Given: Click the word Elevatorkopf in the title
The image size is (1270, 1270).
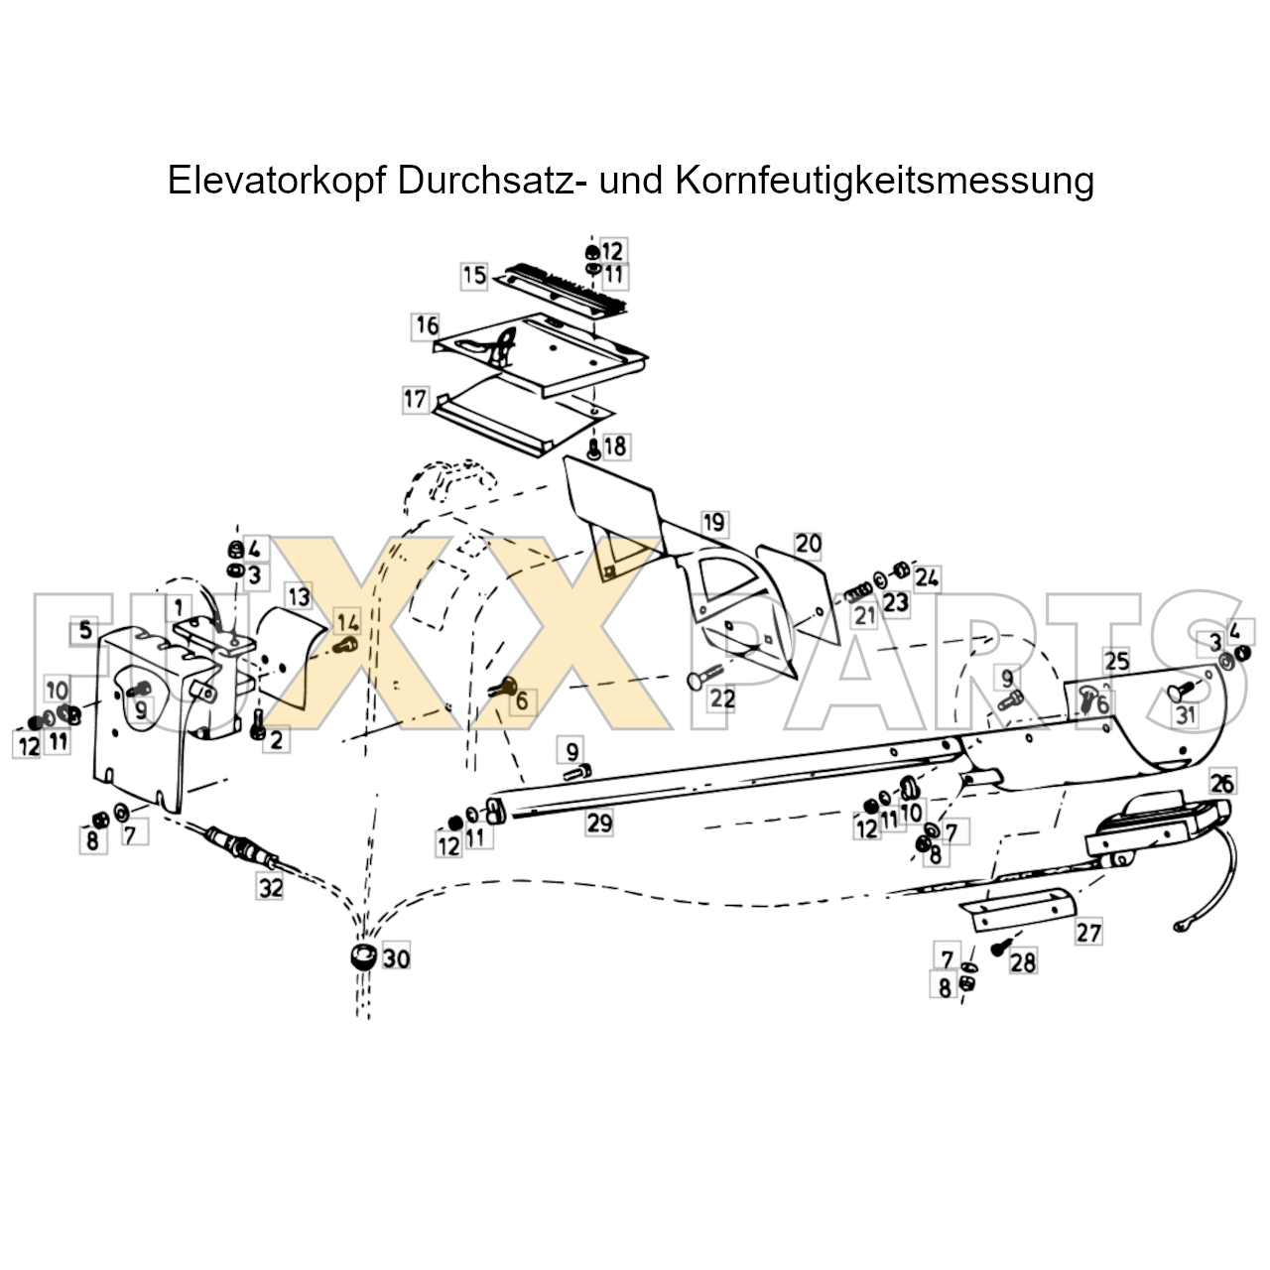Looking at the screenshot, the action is click(276, 180).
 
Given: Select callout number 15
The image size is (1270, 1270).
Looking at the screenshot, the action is click(474, 275).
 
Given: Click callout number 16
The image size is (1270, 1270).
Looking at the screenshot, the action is click(427, 325).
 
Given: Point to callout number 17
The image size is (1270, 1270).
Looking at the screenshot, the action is click(415, 400).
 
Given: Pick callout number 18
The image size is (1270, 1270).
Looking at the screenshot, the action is click(615, 446).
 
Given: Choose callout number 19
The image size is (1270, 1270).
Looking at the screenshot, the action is click(713, 523).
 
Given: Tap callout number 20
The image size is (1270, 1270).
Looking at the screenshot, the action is click(808, 544).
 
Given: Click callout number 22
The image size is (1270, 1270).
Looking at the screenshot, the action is click(722, 698).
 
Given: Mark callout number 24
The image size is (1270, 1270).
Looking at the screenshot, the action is click(927, 578).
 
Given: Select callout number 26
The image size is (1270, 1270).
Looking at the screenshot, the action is click(1222, 784).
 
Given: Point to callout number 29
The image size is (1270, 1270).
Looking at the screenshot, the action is click(599, 824).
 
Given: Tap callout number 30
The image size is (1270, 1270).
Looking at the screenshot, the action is click(396, 958).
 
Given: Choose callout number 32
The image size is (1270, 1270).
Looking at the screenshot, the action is click(270, 888).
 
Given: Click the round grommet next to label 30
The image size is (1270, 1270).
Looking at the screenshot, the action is click(363, 956).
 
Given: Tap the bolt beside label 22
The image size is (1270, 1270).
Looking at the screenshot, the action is click(704, 677).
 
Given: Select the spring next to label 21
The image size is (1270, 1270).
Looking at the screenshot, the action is click(858, 595).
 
